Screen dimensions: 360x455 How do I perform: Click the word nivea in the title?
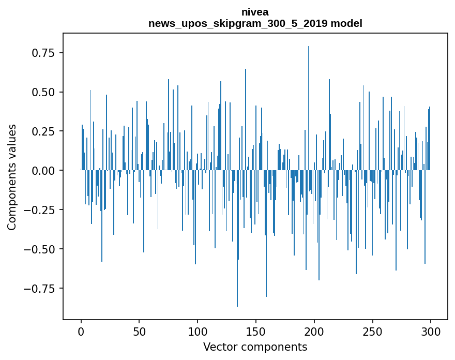coord(255,12)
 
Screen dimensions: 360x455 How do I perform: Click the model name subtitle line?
coord(255,23)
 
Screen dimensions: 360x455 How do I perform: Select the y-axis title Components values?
coord(12,177)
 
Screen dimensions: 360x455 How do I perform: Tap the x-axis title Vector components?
coord(255,347)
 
